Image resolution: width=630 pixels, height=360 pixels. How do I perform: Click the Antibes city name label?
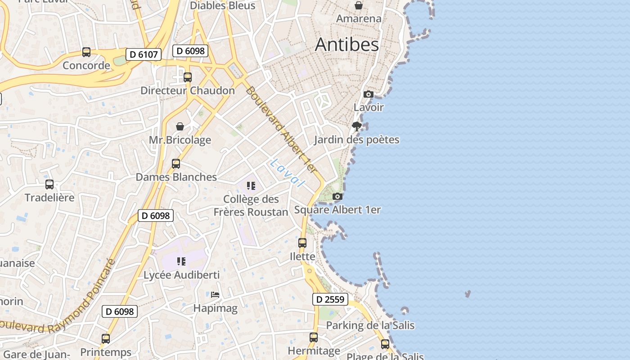[346, 45]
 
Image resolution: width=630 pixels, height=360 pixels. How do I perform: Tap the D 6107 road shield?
[144, 55]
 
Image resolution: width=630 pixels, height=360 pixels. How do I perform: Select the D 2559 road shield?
[330, 299]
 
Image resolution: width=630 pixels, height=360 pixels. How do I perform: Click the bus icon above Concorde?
[86, 52]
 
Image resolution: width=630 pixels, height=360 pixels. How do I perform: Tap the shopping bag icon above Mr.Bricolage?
[180, 126]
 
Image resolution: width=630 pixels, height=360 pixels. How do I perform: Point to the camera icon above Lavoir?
[368, 94]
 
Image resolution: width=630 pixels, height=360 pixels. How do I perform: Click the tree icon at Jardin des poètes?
[357, 126]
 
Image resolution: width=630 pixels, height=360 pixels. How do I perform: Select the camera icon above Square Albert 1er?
[337, 196]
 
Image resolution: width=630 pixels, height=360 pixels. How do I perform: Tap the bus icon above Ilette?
[302, 243]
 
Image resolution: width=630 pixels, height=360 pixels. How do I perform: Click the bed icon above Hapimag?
[215, 295]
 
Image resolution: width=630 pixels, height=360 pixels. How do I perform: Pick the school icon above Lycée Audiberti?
[181, 261]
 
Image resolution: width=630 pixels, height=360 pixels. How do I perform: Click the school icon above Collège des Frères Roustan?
[251, 185]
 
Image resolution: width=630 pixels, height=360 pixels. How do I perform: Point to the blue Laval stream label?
[287, 173]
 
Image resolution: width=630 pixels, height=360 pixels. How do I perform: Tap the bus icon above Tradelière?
[49, 184]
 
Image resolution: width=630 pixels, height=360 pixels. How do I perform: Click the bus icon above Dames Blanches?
[176, 164]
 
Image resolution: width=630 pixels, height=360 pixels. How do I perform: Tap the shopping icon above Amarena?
[359, 5]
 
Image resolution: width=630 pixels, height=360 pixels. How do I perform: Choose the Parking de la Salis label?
[370, 325]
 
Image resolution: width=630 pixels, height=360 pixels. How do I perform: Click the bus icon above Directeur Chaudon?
[188, 77]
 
